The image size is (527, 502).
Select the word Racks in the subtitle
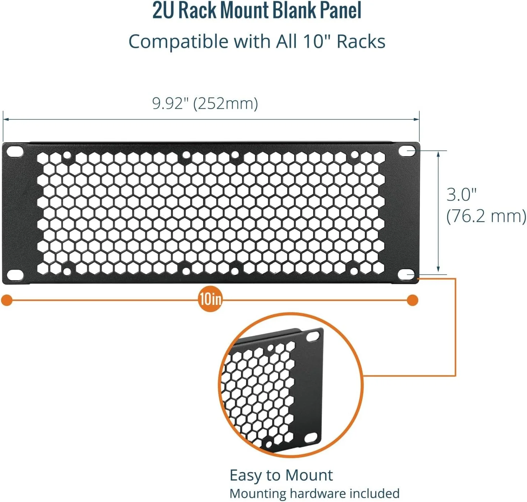tap(361, 42)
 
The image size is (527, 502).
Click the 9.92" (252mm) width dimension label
tap(205, 104)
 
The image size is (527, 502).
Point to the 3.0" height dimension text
tap(462, 195)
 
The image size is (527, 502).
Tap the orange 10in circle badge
tap(210, 300)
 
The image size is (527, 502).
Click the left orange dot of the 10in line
tap(7, 300)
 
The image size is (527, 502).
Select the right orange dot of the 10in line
tap(412, 300)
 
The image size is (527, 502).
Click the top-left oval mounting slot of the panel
tap(15, 151)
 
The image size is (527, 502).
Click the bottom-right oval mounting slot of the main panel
tap(406, 275)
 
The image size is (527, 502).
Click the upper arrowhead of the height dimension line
tap(438, 154)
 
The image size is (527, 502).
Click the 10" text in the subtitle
tap(318, 42)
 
